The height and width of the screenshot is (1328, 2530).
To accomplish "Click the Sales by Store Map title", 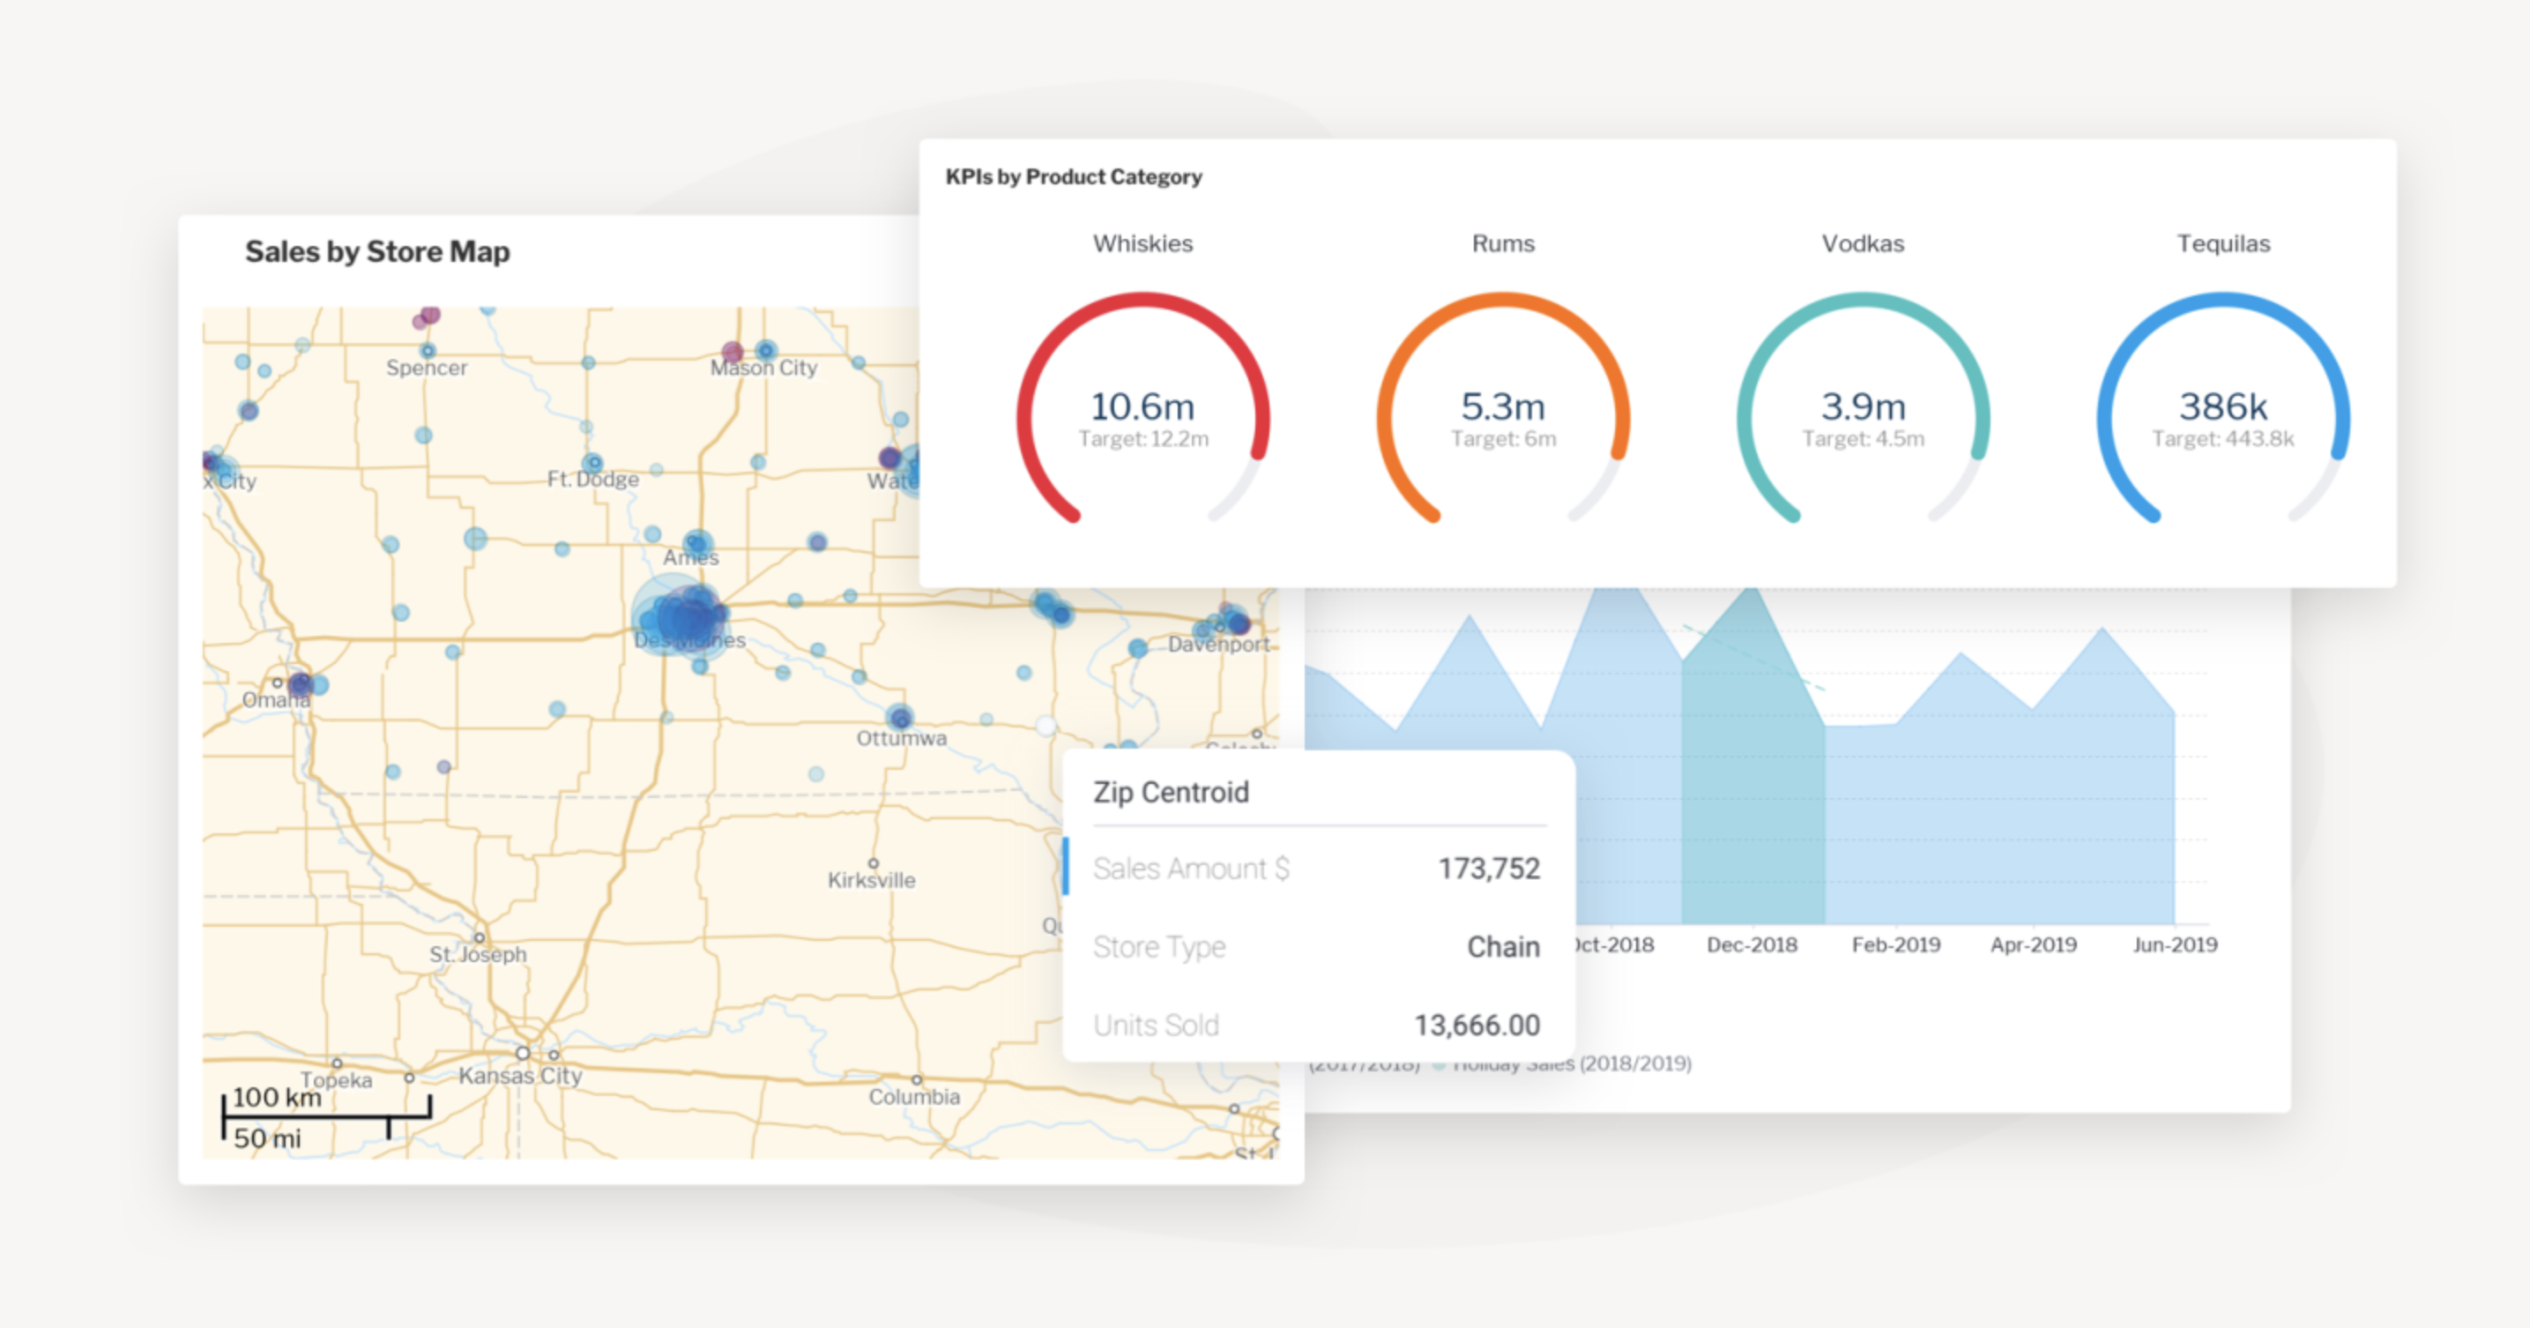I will tap(377, 251).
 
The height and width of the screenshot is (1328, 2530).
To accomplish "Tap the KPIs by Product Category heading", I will tap(1074, 177).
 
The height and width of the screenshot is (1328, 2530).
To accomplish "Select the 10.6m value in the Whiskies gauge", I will tap(1142, 406).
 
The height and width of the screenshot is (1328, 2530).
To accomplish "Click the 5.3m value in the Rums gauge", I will tap(1503, 406).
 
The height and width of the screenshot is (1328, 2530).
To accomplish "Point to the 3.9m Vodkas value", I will tap(1864, 406).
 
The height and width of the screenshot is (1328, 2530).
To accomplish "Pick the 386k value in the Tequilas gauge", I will tap(2223, 406).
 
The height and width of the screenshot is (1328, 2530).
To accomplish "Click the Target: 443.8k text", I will tap(2223, 439).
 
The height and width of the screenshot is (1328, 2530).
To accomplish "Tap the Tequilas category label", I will tap(2223, 243).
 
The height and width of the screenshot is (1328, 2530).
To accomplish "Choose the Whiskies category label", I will tap(1142, 243).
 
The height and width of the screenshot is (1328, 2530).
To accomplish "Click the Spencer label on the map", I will tap(427, 368).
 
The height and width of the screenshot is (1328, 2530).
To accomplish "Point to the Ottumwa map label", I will tap(902, 738).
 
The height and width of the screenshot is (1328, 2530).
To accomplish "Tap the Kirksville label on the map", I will tap(871, 880).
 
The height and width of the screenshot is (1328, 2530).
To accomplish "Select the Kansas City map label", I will tap(520, 1076).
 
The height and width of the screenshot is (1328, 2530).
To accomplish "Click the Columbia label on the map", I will tap(914, 1096).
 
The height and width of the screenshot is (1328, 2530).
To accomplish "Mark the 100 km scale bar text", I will tap(277, 1097).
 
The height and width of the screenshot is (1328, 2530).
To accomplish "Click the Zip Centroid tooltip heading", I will tap(1171, 792).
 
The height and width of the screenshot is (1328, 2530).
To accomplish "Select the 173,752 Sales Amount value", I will tap(1489, 869).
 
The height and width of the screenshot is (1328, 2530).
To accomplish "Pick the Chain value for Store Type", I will tap(1503, 947).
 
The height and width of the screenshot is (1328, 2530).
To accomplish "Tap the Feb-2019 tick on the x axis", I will tap(1895, 945).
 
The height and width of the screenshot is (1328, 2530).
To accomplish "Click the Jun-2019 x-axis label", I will tap(2175, 945).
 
